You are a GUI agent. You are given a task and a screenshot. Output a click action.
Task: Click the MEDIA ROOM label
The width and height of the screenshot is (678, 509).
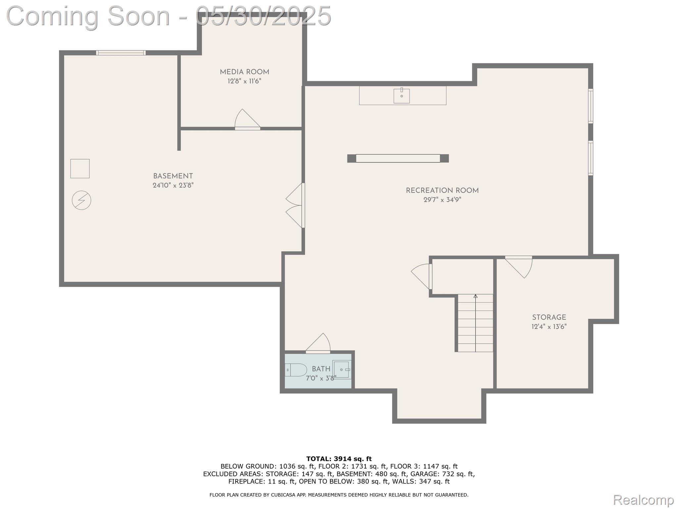(244, 72)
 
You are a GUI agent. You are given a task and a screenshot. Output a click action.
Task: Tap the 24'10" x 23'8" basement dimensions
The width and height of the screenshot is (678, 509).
(173, 185)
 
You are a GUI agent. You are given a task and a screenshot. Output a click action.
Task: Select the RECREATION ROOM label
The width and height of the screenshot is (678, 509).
(442, 191)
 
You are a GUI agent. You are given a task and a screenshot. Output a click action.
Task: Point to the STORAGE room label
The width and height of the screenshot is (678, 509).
(549, 317)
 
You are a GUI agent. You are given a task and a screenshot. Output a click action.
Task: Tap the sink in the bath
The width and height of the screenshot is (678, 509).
(341, 369)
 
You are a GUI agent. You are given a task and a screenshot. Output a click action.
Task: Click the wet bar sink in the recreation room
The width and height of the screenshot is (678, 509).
(401, 96)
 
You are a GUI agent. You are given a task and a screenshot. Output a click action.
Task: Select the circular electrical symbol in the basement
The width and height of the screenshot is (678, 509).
(81, 200)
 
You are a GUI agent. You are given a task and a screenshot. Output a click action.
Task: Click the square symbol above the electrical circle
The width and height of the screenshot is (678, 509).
(80, 168)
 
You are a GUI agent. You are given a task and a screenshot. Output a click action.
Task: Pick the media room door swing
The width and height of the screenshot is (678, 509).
(247, 119)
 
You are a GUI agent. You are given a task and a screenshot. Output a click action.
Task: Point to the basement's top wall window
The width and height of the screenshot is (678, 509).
(121, 53)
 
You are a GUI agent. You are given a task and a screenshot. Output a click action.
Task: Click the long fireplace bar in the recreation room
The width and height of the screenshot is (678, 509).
(398, 158)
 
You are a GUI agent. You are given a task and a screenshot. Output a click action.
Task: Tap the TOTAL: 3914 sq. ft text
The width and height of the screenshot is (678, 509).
(339, 459)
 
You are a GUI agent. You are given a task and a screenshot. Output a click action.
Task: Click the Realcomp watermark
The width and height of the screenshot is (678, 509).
(643, 499)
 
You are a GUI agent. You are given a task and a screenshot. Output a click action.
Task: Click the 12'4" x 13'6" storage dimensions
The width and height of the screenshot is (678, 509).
(549, 326)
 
